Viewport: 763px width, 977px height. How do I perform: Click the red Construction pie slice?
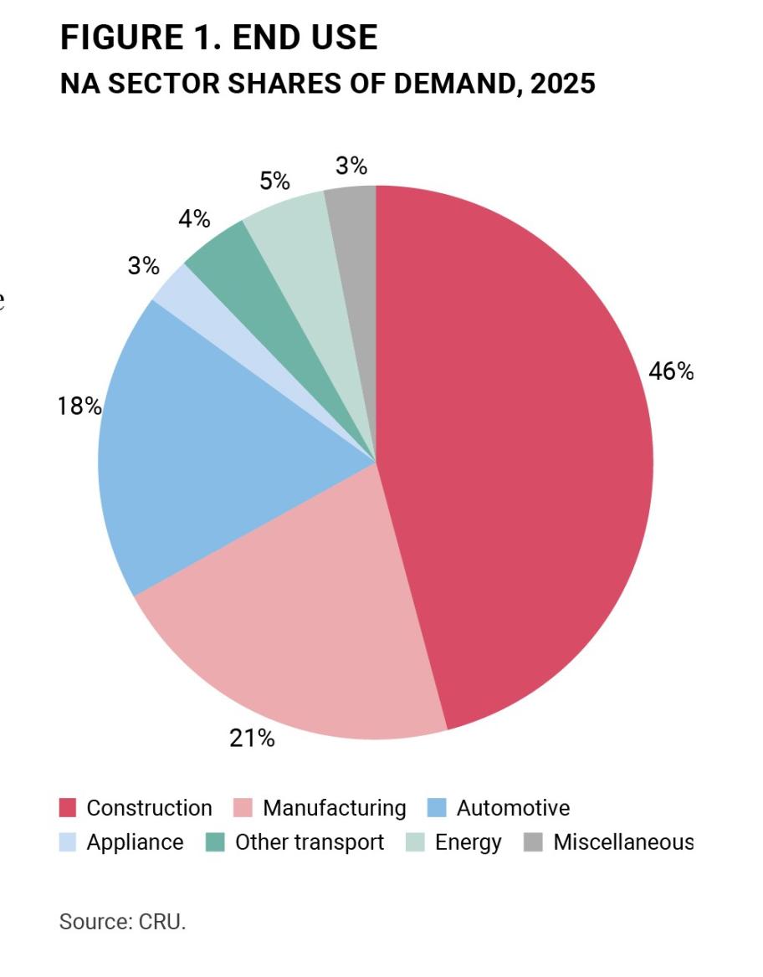(519, 452)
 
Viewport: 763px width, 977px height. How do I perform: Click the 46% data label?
(671, 371)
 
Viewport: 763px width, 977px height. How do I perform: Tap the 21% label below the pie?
(251, 739)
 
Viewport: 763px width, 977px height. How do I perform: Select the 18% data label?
(79, 407)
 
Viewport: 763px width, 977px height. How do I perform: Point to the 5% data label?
(274, 181)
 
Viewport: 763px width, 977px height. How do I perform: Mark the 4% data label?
(194, 219)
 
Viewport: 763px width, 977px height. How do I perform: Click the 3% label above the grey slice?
(351, 166)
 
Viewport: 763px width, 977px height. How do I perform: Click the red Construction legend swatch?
(68, 808)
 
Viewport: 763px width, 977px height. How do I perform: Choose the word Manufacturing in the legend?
(334, 808)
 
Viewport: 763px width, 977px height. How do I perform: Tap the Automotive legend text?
(513, 808)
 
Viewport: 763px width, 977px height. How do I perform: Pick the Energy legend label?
(468, 842)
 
